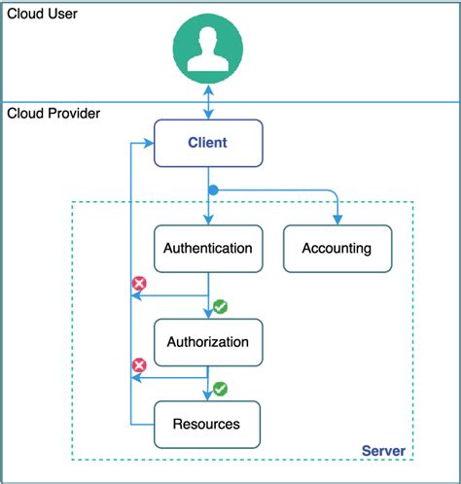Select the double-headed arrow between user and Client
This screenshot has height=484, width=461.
[x=208, y=101]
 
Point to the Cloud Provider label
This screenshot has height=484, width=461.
[x=53, y=114]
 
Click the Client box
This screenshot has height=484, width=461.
[x=208, y=143]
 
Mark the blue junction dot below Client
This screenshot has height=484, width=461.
[x=213, y=190]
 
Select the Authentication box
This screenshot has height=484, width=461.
[x=208, y=248]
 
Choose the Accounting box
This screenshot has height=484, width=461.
[x=337, y=248]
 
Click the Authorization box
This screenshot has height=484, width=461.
[x=208, y=342]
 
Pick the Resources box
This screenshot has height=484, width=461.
[x=206, y=424]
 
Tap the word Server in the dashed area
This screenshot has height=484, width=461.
[x=383, y=451]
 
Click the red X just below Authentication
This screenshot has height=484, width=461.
[x=139, y=285]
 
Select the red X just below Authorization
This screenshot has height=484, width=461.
[x=139, y=365]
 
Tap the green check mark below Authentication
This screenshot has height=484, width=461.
[x=221, y=306]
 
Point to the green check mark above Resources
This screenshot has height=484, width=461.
[x=221, y=389]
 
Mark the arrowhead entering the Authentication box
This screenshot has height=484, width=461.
[x=208, y=220]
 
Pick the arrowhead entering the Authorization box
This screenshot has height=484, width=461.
[x=208, y=313]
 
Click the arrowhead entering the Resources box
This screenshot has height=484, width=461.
[x=208, y=395]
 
